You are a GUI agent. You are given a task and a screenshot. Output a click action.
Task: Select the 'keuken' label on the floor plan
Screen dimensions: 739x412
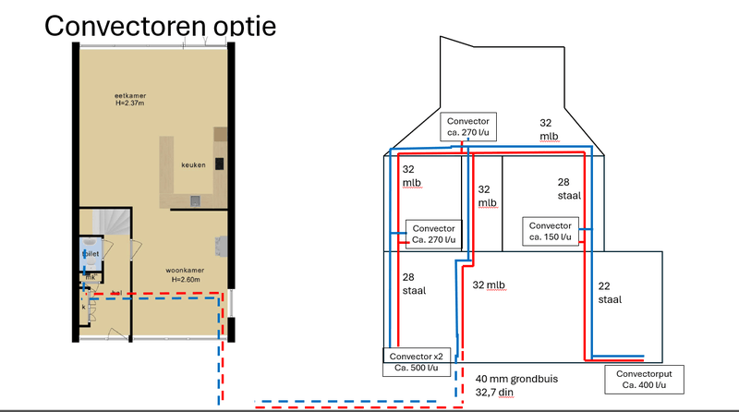pyautogui.click(x=192, y=164)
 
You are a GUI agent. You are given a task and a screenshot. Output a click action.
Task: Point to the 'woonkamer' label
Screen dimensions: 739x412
pyautogui.click(x=186, y=271)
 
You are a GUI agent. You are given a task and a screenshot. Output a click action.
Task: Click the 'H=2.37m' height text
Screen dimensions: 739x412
pyautogui.click(x=132, y=103)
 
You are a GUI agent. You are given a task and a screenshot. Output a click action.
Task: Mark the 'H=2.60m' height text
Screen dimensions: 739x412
pyautogui.click(x=186, y=280)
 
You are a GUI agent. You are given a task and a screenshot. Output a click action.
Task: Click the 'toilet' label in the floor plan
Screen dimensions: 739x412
pyautogui.click(x=91, y=251)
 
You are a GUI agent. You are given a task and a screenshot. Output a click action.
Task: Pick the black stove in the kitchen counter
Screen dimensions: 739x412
pyautogui.click(x=220, y=164)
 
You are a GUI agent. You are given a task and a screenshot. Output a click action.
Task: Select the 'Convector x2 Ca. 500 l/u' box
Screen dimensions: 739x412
pyautogui.click(x=411, y=361)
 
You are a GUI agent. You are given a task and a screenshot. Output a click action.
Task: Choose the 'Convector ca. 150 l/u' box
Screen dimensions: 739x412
pyautogui.click(x=551, y=231)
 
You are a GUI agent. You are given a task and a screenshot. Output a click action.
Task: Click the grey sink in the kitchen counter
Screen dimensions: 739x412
pyautogui.click(x=196, y=200)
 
